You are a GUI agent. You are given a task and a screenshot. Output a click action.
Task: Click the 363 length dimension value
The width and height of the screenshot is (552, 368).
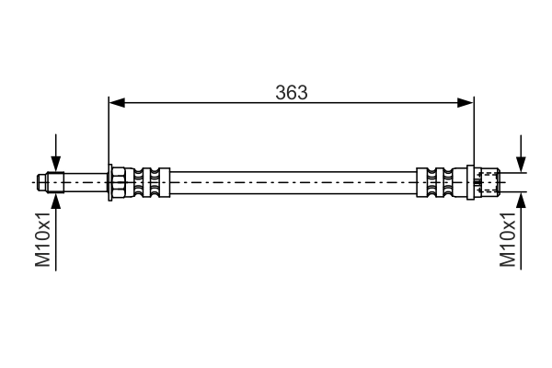click(292, 92)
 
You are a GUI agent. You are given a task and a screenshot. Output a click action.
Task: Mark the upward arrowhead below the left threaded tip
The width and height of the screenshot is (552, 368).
click(57, 201)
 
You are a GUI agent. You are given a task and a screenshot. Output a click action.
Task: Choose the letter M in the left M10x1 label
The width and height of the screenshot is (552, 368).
click(43, 260)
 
